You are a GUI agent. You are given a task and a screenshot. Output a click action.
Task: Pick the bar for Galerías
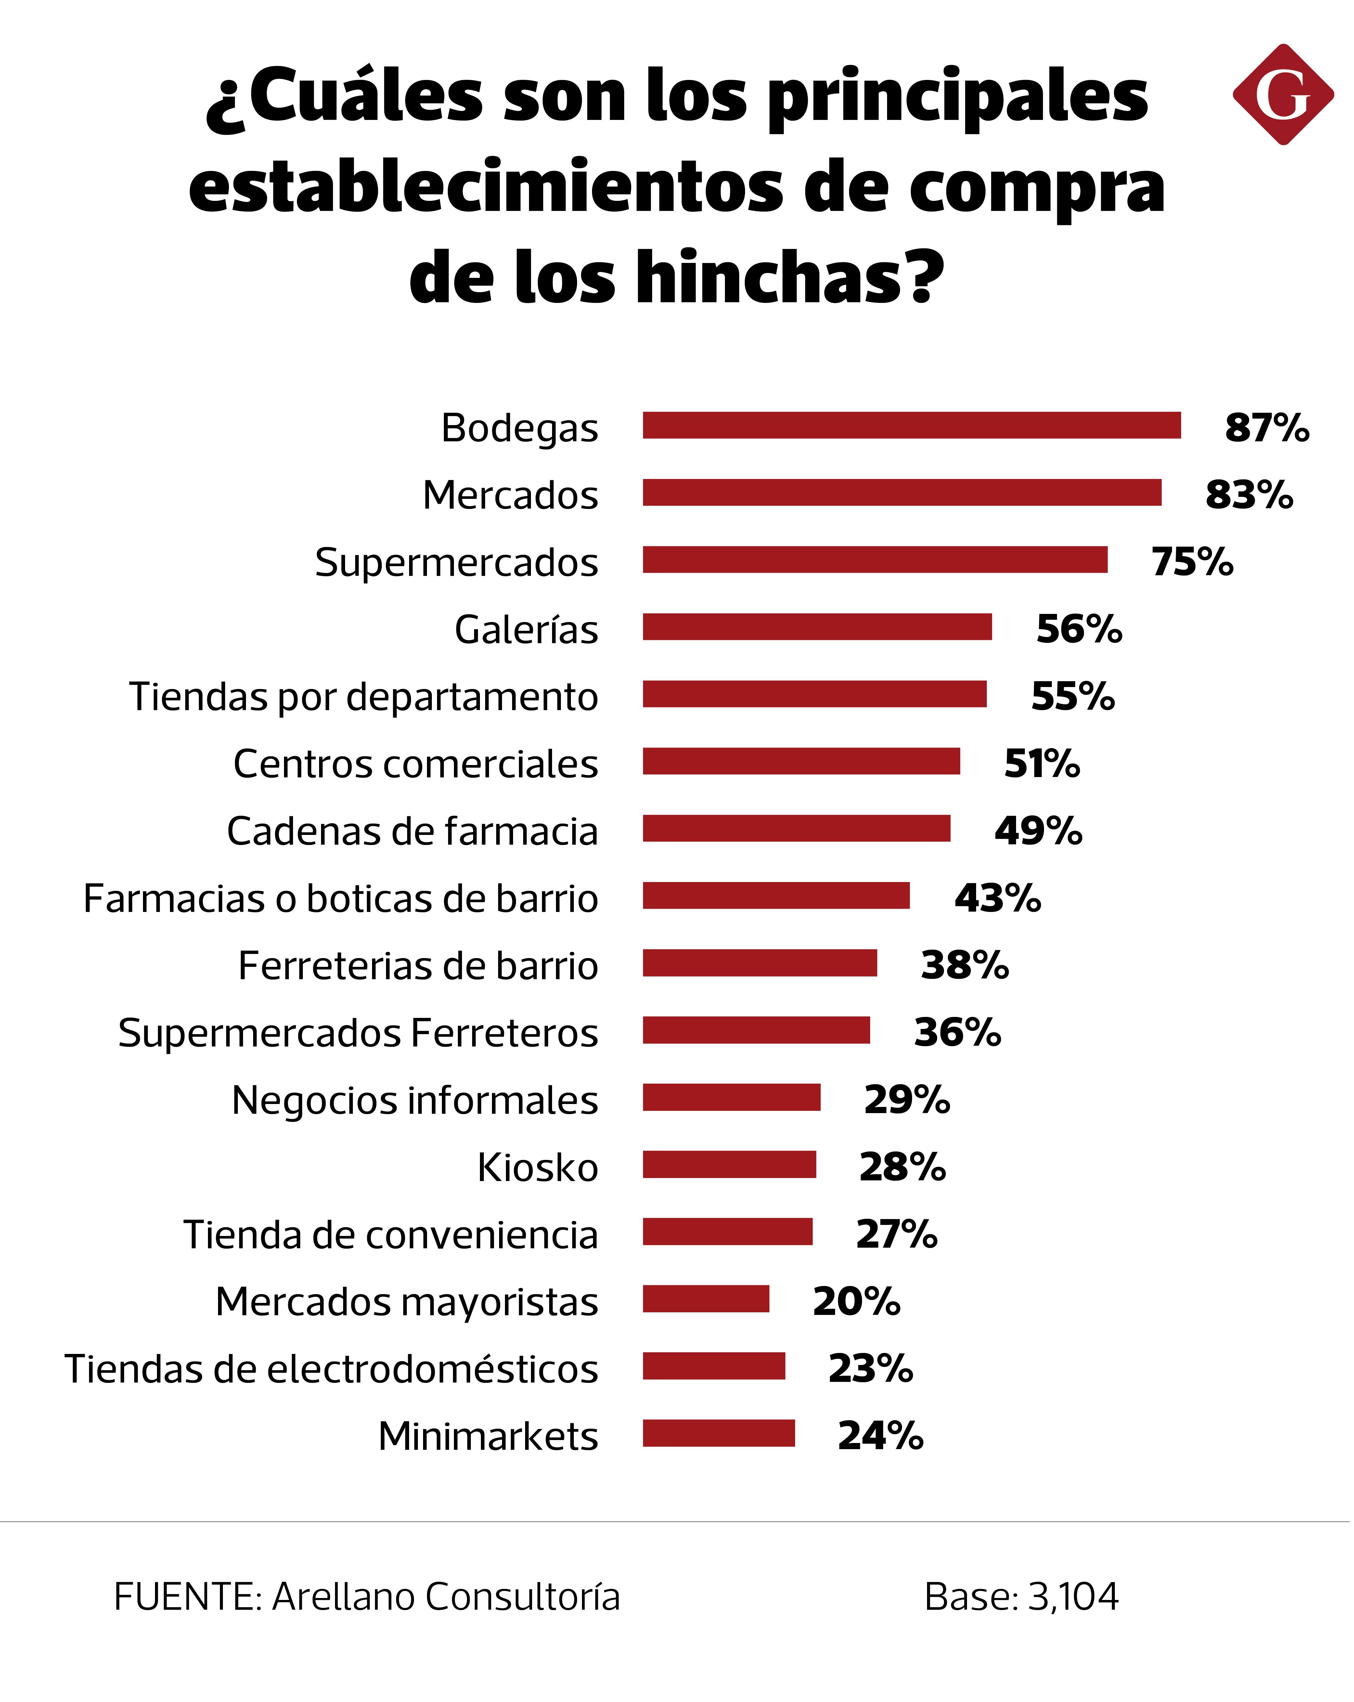(x=817, y=627)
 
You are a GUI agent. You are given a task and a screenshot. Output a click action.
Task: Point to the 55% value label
(x=1072, y=696)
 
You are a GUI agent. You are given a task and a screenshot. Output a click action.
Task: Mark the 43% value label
(x=997, y=898)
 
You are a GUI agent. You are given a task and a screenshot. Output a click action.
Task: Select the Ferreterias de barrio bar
(x=759, y=963)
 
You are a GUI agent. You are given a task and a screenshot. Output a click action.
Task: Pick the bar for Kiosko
(x=729, y=1164)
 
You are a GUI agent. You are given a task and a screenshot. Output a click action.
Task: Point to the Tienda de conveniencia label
(x=391, y=1235)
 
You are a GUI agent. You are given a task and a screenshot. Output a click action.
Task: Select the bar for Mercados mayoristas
(x=706, y=1299)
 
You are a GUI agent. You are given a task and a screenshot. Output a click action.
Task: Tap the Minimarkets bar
(x=718, y=1433)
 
